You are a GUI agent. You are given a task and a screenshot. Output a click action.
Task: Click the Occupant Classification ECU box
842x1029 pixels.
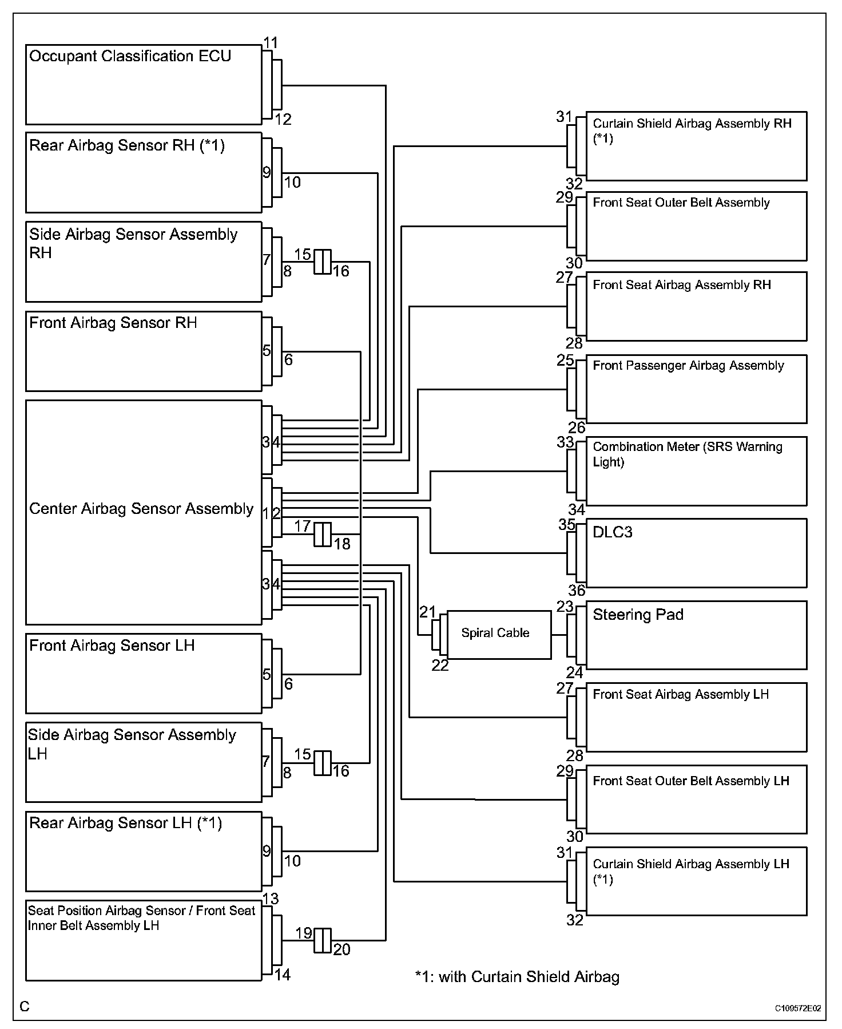(x=144, y=85)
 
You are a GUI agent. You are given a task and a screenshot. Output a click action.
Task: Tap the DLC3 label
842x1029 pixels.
(x=613, y=532)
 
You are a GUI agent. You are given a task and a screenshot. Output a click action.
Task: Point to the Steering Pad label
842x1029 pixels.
(x=638, y=615)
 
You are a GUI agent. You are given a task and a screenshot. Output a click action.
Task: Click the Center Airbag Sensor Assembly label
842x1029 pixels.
(x=141, y=509)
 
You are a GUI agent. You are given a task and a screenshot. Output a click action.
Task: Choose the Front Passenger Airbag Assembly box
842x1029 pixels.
(x=696, y=389)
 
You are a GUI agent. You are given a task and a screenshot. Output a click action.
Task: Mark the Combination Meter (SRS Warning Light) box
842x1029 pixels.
(x=696, y=471)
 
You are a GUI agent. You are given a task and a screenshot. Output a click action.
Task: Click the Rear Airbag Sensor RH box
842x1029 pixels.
(x=144, y=172)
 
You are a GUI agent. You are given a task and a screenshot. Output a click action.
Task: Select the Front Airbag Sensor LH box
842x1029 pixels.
(x=144, y=673)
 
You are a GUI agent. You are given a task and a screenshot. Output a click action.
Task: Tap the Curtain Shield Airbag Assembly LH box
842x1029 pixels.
(x=696, y=881)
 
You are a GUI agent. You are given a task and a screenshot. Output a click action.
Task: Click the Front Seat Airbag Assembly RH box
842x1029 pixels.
(x=696, y=306)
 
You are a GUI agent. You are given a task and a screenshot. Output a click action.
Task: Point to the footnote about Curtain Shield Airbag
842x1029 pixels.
(x=517, y=976)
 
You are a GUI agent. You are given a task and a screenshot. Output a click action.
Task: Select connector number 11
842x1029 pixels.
(x=271, y=43)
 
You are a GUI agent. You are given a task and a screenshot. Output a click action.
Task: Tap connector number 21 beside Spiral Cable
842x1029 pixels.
(x=427, y=612)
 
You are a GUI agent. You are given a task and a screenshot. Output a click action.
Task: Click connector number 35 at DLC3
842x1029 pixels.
(x=566, y=524)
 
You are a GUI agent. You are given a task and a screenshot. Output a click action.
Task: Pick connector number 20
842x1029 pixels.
(x=341, y=949)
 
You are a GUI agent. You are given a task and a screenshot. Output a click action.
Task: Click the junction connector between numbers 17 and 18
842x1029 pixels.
(x=323, y=534)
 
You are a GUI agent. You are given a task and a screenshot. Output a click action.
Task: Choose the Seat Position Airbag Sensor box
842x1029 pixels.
(x=144, y=940)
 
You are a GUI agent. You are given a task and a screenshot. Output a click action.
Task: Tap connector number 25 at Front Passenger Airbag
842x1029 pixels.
(x=565, y=361)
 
